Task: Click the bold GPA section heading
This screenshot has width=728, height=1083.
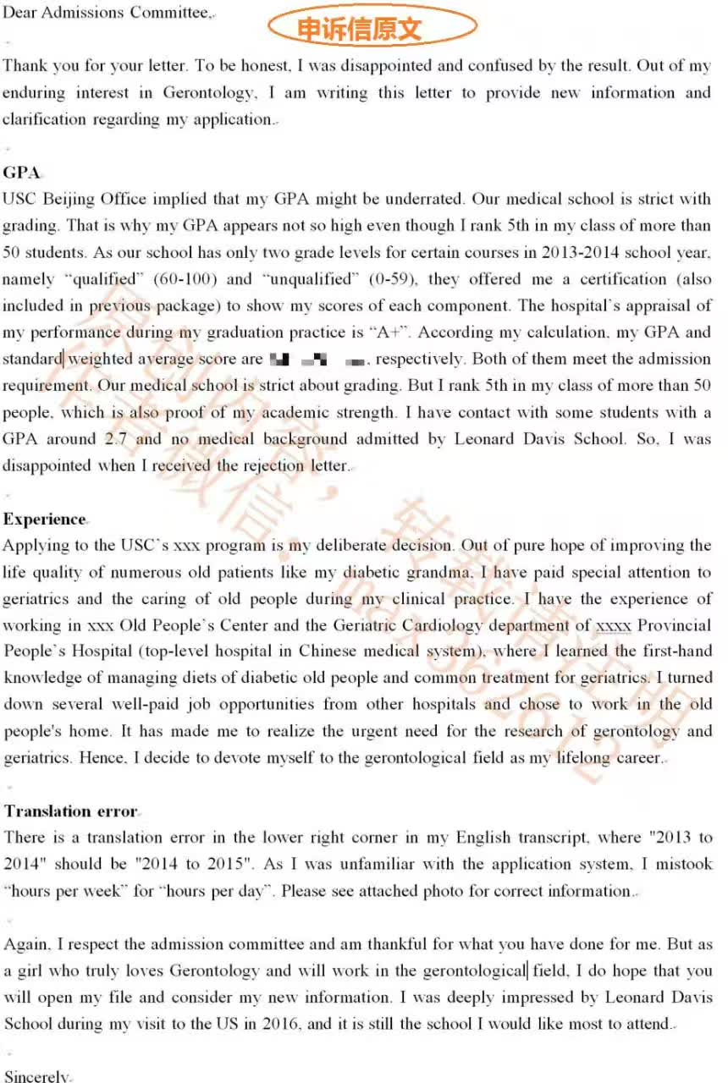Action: [22, 173]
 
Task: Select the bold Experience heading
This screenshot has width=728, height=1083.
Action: [45, 519]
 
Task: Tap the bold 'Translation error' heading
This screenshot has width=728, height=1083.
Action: [70, 811]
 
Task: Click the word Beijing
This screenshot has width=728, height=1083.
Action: [68, 200]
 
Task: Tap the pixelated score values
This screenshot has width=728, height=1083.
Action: [317, 360]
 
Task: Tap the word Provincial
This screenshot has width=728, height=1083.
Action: [675, 625]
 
